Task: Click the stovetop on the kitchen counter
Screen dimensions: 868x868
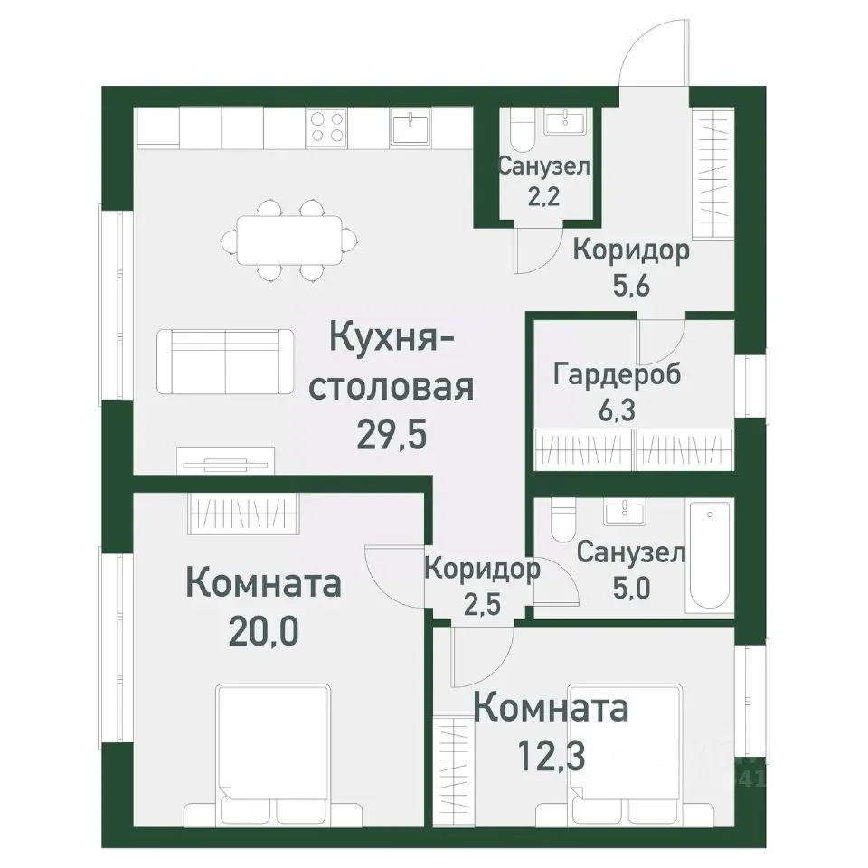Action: pyautogui.click(x=327, y=127)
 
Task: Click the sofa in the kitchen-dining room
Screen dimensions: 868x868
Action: pyautogui.click(x=224, y=362)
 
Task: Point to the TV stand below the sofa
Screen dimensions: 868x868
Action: pyautogui.click(x=225, y=460)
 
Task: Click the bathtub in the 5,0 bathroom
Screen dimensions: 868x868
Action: pyautogui.click(x=711, y=559)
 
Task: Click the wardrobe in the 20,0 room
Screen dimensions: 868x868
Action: pyautogui.click(x=243, y=514)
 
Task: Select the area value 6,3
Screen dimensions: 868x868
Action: pyautogui.click(x=617, y=409)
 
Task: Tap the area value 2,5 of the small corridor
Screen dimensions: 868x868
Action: pyautogui.click(x=481, y=602)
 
